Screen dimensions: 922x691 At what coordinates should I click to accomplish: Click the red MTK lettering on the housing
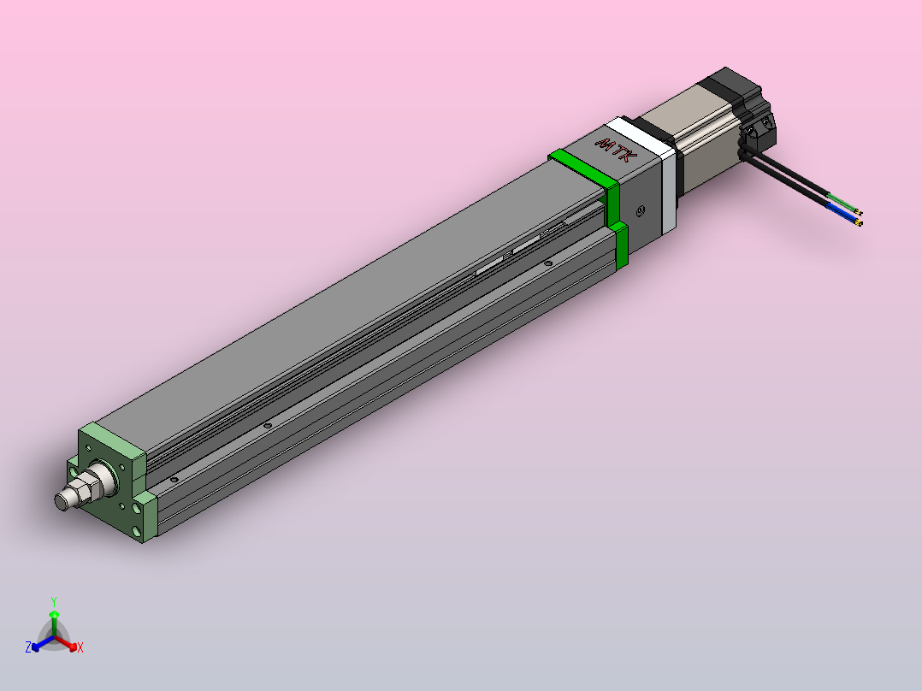click(616, 150)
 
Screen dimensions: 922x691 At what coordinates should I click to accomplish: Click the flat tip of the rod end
click(61, 502)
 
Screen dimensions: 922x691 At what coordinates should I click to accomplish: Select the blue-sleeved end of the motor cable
click(845, 215)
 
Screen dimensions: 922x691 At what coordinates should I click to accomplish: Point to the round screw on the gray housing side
click(641, 210)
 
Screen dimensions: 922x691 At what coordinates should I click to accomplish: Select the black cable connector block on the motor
click(759, 131)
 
